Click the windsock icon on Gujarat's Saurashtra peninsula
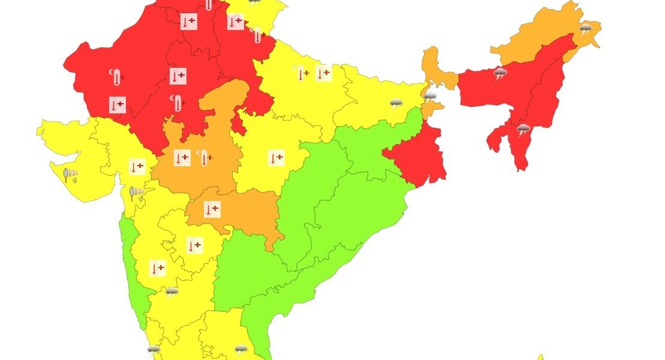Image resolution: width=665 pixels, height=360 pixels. point(71,175)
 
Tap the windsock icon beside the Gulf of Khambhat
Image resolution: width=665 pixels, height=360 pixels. point(137,193)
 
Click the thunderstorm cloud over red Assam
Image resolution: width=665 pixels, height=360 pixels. point(500,74)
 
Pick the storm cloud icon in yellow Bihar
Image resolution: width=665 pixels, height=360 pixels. point(396,103)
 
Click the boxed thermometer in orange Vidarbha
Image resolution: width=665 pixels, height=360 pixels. point(212,209)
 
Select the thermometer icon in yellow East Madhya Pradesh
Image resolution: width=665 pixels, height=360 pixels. point(276,158)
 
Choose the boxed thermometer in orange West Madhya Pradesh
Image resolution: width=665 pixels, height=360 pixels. point(182,158)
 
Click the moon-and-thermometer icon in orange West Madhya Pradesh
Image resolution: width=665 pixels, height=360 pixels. point(204,157)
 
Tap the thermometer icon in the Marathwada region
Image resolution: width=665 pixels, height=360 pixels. point(194,245)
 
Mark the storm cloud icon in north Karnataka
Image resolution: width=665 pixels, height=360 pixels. point(172,292)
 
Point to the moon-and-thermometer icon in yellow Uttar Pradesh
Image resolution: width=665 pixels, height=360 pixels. point(301,73)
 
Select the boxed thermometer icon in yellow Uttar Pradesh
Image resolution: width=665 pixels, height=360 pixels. point(323,73)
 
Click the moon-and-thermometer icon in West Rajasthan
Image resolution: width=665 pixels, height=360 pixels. point(115,76)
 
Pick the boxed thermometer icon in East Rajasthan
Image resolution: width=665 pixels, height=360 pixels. point(177,76)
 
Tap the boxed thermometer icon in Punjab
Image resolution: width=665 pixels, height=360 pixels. point(189,22)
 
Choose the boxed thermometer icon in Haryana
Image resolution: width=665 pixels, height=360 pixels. point(235,22)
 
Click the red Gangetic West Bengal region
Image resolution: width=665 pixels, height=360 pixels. point(420,157)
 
